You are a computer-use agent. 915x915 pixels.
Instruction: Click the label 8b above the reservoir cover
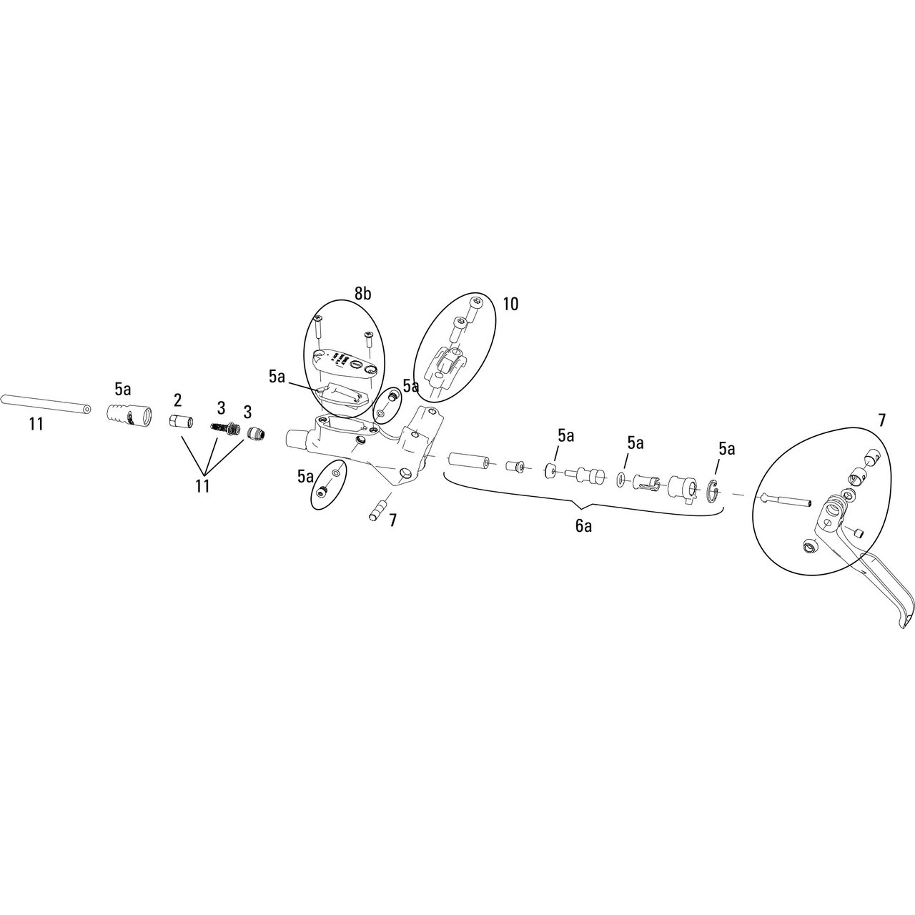[363, 294]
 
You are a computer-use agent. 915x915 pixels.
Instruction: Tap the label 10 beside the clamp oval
[510, 304]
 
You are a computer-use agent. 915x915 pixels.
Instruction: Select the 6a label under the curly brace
[583, 527]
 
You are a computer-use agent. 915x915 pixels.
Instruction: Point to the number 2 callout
[177, 398]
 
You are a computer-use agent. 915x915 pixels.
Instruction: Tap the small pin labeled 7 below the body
[377, 513]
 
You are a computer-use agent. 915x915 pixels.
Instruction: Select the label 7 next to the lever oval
[881, 421]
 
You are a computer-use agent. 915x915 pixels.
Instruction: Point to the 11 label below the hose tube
[36, 425]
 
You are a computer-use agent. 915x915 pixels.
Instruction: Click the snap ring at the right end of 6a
[713, 492]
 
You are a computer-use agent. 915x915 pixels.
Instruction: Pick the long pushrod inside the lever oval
[786, 500]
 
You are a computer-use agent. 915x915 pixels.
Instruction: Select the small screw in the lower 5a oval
[324, 493]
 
